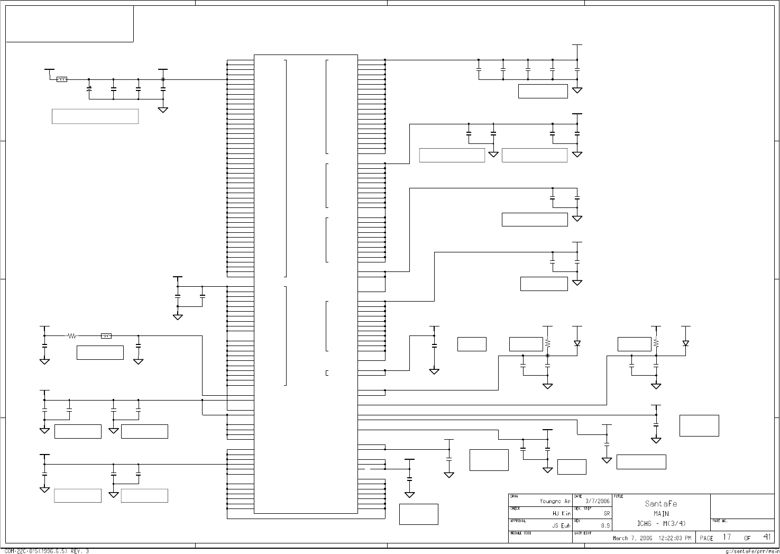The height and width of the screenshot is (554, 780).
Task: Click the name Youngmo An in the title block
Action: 555,501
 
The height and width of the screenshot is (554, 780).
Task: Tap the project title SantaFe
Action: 660,504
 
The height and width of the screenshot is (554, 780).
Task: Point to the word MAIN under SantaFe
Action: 661,513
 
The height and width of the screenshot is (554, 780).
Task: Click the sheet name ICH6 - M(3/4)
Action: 661,524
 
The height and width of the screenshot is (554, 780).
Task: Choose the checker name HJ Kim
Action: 562,513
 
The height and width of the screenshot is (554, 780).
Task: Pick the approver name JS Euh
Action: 562,526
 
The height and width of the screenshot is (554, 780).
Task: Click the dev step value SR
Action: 607,513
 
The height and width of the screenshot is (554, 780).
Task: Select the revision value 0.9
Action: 605,526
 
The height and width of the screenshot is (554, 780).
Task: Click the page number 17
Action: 727,537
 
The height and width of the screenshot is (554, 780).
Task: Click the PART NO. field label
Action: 720,521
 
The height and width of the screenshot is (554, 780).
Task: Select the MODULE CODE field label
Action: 520,533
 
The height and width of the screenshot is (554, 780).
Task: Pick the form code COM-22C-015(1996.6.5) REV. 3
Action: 47,551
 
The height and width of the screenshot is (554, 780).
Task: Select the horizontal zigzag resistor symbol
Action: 72,335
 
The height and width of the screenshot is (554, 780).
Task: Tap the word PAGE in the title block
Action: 706,538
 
